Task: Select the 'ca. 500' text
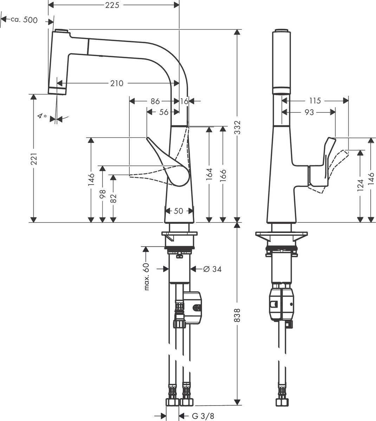(x=24, y=20)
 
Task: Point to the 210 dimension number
(x=117, y=83)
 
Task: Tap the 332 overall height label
(x=238, y=126)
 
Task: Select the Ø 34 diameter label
(x=212, y=269)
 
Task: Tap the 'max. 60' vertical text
(x=147, y=276)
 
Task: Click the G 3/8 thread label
(x=203, y=416)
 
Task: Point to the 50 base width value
(x=179, y=211)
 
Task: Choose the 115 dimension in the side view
(x=315, y=101)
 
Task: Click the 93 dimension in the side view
(x=309, y=112)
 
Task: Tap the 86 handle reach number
(x=155, y=101)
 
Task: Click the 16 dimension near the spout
(x=184, y=101)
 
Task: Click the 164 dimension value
(x=209, y=175)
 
